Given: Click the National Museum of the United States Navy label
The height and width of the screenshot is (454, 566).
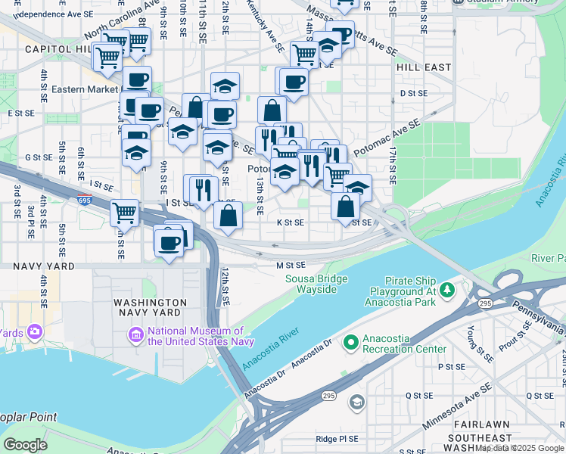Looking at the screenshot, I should (x=195, y=335).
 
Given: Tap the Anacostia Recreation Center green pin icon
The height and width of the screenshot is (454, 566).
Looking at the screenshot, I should (x=350, y=343).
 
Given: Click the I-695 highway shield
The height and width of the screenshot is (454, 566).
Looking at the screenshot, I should (x=84, y=201).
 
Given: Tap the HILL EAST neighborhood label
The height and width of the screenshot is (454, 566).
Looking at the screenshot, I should (x=423, y=67).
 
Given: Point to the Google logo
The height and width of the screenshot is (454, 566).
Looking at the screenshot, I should (x=25, y=445).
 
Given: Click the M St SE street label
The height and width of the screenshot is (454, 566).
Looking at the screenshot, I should (x=291, y=266).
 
